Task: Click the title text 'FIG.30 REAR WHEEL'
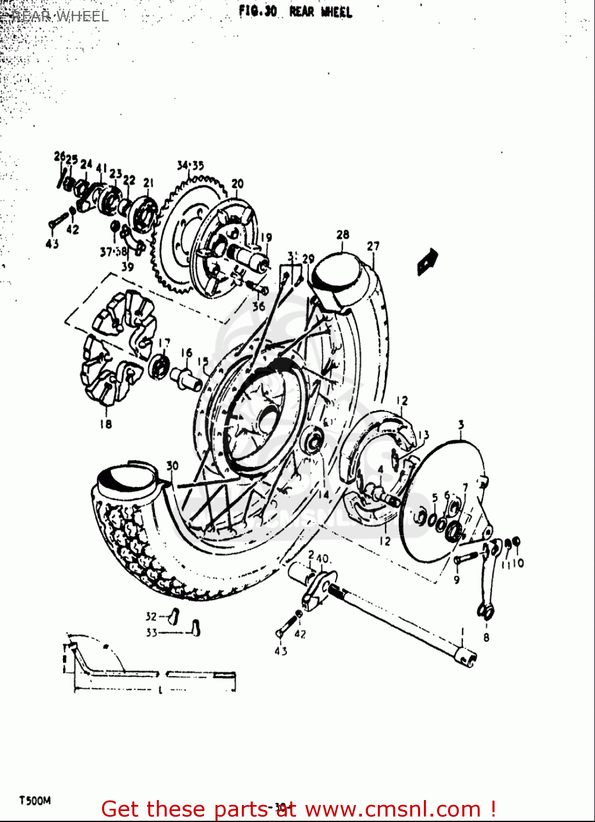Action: pos(295,12)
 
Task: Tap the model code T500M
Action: pos(35,801)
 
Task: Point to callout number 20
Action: pos(237,184)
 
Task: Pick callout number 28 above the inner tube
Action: pos(343,235)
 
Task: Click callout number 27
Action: pos(373,246)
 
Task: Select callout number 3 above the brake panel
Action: pos(461,425)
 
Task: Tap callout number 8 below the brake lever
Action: pos(486,637)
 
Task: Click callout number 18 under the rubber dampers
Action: pos(105,424)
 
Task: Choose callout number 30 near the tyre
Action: pos(172,466)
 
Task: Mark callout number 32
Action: pos(151,616)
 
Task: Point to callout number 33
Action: pos(151,632)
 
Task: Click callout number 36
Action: pos(258,306)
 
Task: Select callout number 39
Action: pos(127,267)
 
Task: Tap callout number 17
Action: pos(164,343)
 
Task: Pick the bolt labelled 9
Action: pos(464,559)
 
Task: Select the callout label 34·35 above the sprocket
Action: pos(190,165)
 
